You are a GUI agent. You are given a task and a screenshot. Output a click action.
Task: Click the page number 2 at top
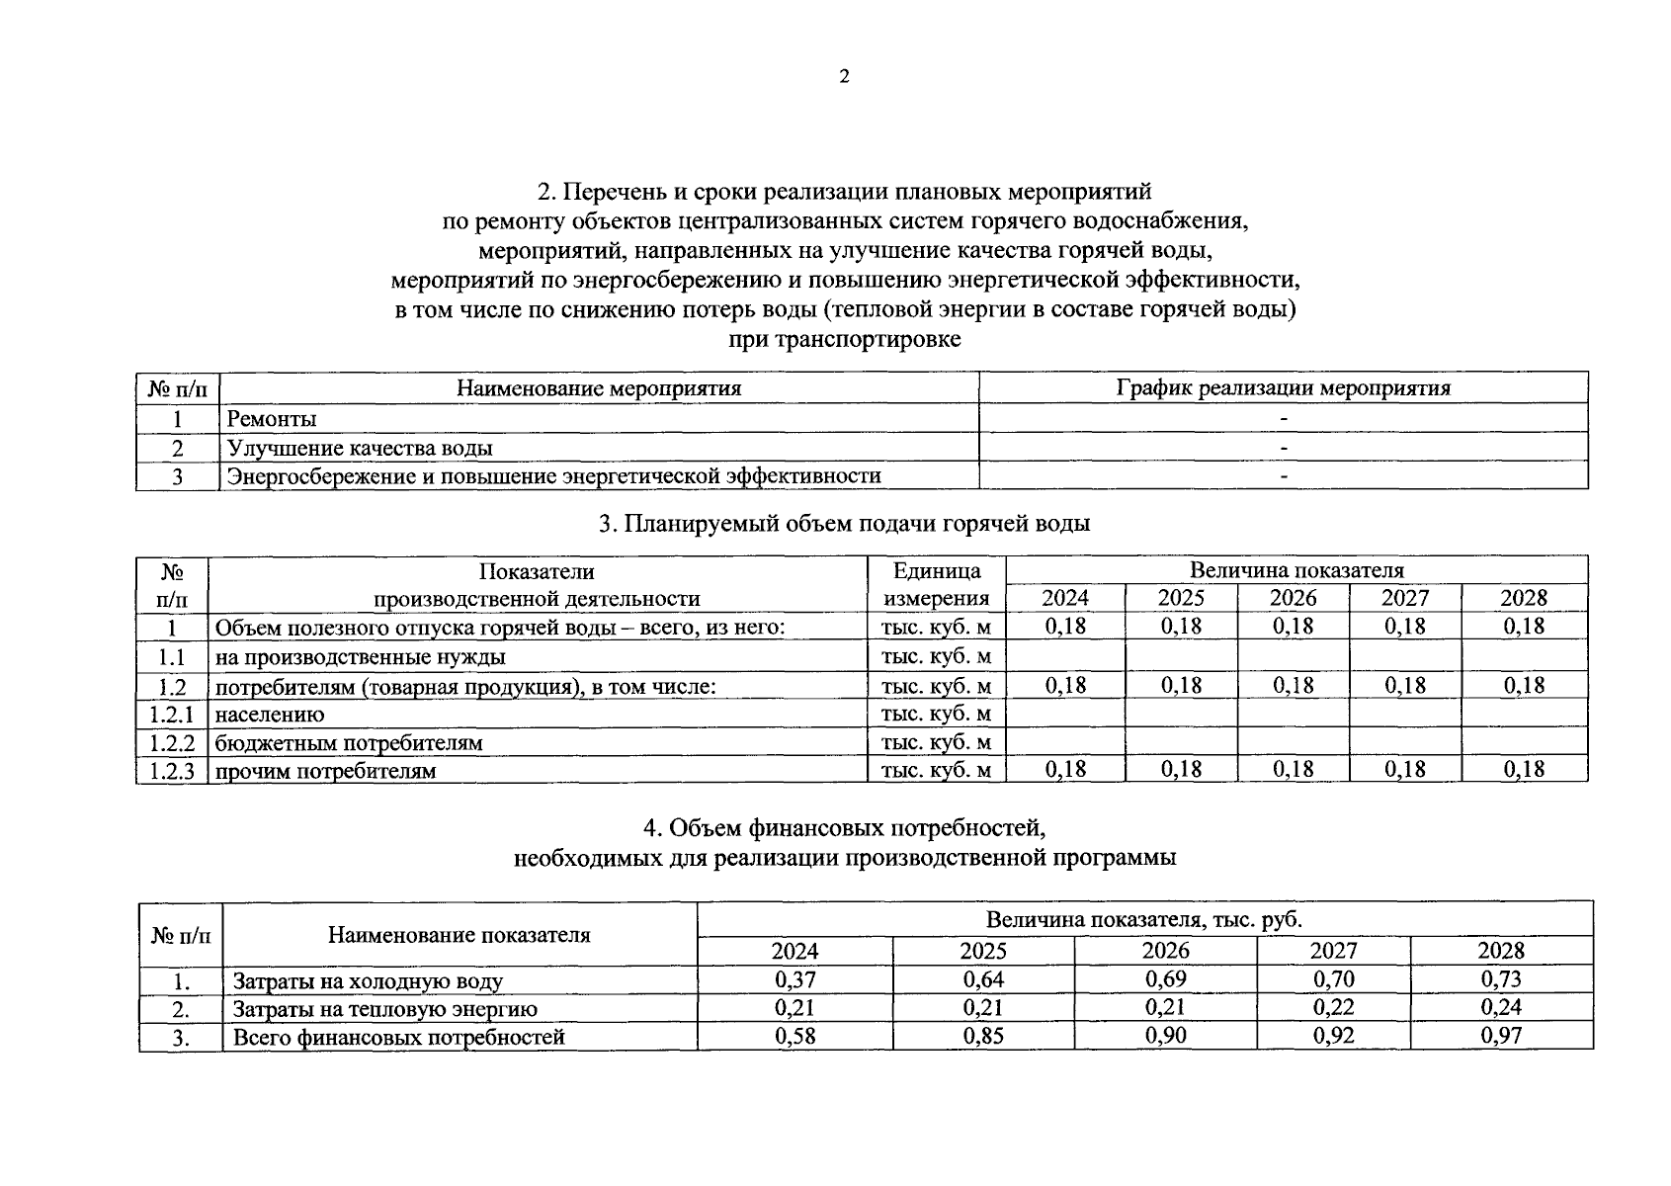(843, 77)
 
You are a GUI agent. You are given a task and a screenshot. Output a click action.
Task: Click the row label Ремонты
(272, 419)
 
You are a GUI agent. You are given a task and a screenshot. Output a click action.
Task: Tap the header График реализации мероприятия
(1283, 387)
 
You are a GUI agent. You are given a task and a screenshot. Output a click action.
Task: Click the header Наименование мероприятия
(598, 387)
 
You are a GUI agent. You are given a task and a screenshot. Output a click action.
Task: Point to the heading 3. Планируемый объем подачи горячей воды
(844, 523)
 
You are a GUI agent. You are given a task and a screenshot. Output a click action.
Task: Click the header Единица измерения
(936, 584)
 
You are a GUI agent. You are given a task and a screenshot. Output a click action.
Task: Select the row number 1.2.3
(172, 771)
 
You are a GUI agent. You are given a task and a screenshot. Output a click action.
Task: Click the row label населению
(269, 714)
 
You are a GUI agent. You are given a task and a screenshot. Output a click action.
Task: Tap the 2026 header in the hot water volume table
(1293, 598)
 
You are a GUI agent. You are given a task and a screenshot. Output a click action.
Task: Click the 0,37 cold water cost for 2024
(794, 979)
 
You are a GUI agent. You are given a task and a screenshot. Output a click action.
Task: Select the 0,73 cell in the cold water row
(1500, 979)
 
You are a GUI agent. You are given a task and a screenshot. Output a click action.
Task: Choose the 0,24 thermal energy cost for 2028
(1500, 1007)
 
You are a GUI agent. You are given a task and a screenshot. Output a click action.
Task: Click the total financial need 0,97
(1500, 1036)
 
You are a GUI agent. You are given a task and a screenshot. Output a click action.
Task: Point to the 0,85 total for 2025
(982, 1036)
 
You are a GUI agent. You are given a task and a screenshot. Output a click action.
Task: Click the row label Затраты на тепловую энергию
(384, 1009)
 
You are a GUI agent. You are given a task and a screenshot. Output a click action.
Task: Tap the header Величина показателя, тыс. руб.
(1143, 919)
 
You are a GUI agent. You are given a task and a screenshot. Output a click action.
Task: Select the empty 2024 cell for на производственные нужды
(1064, 656)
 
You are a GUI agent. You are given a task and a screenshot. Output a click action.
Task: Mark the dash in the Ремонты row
(1283, 419)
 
